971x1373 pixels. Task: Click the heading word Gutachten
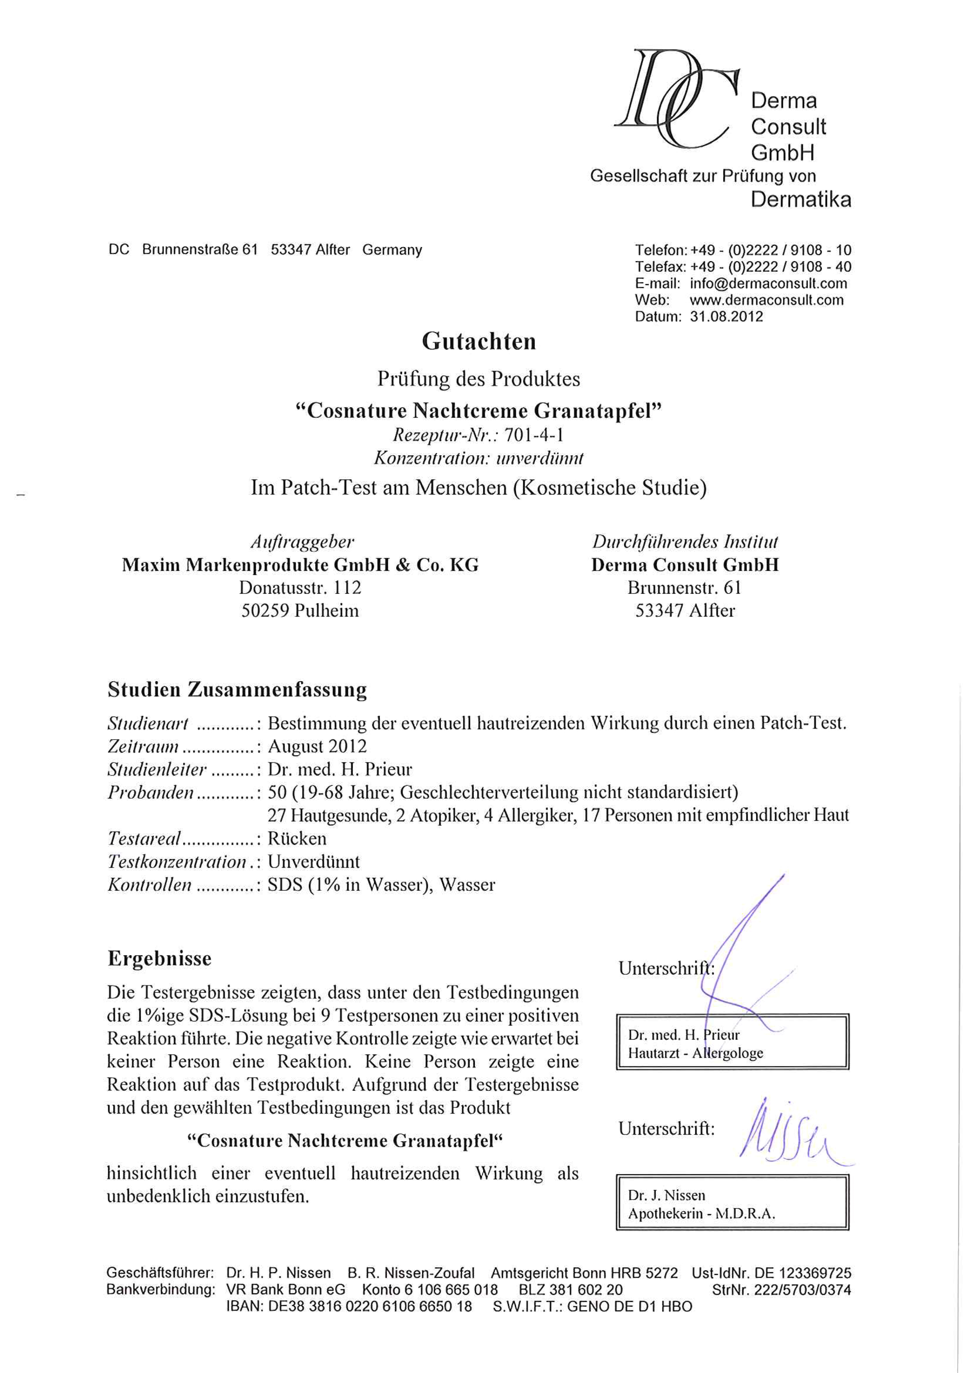tap(479, 341)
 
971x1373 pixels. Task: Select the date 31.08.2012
tap(726, 317)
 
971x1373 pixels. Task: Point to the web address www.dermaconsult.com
tap(767, 300)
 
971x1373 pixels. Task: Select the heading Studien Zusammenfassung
tap(237, 689)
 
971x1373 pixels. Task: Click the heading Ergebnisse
tap(160, 958)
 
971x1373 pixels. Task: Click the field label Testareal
tap(144, 839)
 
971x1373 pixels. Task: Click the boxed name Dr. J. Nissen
tap(667, 1195)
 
